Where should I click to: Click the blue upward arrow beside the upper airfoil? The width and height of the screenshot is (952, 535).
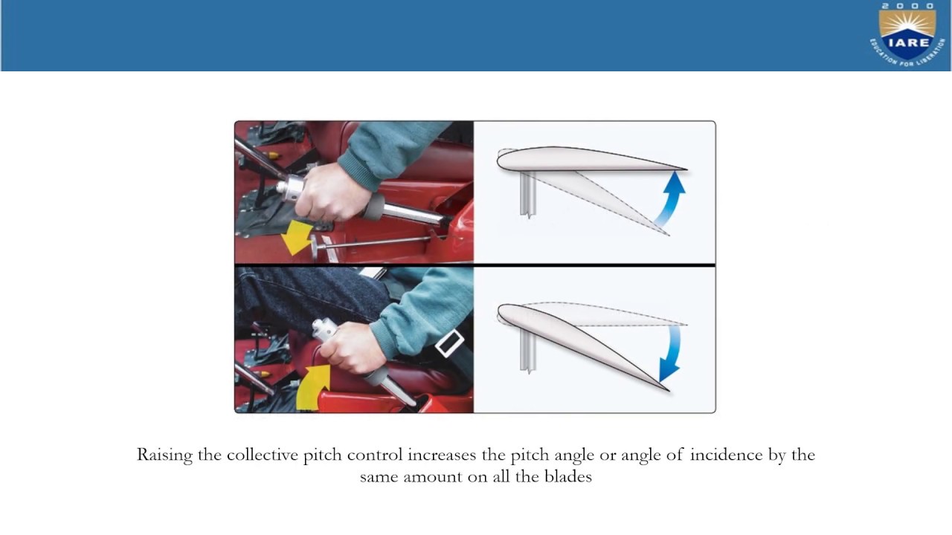point(670,197)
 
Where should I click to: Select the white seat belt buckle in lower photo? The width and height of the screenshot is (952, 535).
point(449,344)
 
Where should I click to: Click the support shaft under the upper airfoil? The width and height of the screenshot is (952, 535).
point(528,193)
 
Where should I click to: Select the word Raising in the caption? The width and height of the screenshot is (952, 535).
point(164,455)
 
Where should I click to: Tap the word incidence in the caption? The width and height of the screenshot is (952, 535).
point(725,455)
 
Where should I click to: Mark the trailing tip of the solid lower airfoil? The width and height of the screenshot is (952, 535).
point(667,389)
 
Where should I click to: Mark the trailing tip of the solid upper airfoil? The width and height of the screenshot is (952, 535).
point(684,169)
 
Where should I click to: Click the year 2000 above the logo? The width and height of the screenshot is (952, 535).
point(907,6)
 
